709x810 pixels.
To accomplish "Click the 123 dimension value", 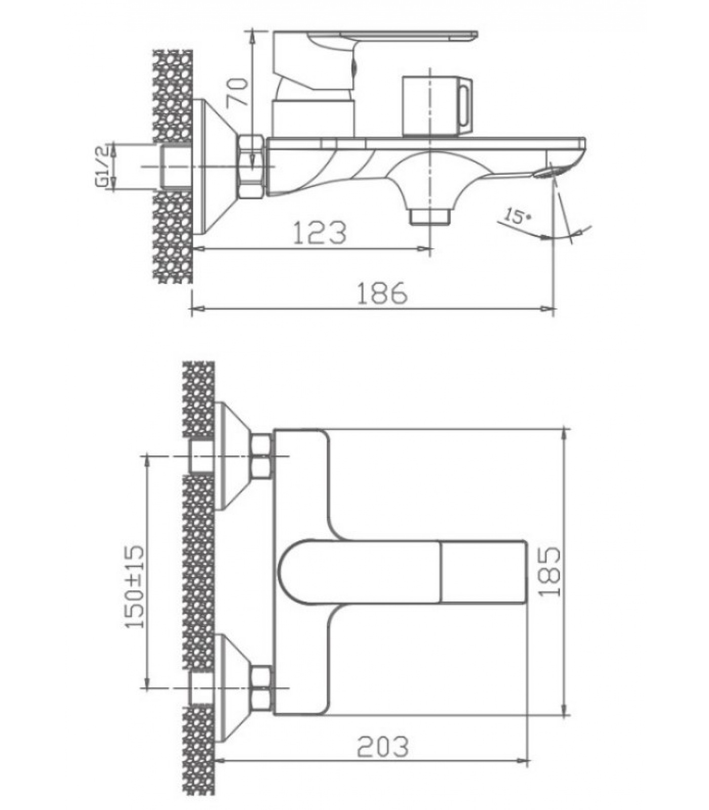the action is coord(320,232).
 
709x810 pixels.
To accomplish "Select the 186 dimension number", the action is coord(382,293).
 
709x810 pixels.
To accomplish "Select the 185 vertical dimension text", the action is coord(550,571).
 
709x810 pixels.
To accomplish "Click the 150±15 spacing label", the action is coord(135,586).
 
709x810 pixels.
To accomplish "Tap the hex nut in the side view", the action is coord(251,166).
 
